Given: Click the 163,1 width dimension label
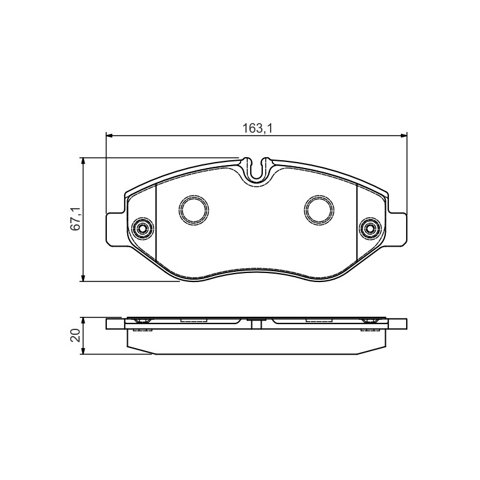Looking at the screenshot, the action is [x=257, y=128].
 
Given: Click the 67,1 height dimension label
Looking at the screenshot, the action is [x=76, y=218].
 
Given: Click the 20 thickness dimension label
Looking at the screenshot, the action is [x=76, y=335].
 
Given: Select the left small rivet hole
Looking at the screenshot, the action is [x=142, y=228].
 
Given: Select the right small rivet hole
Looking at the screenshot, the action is [x=370, y=228].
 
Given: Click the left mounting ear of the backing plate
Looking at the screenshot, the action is [x=115, y=229].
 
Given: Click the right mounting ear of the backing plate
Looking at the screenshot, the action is [x=397, y=229].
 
